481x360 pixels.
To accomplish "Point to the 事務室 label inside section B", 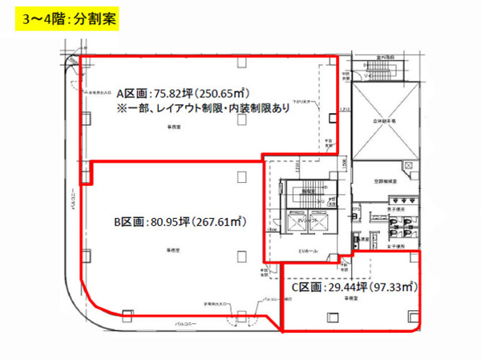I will (172, 250).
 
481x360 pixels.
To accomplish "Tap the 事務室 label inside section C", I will (350, 298).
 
